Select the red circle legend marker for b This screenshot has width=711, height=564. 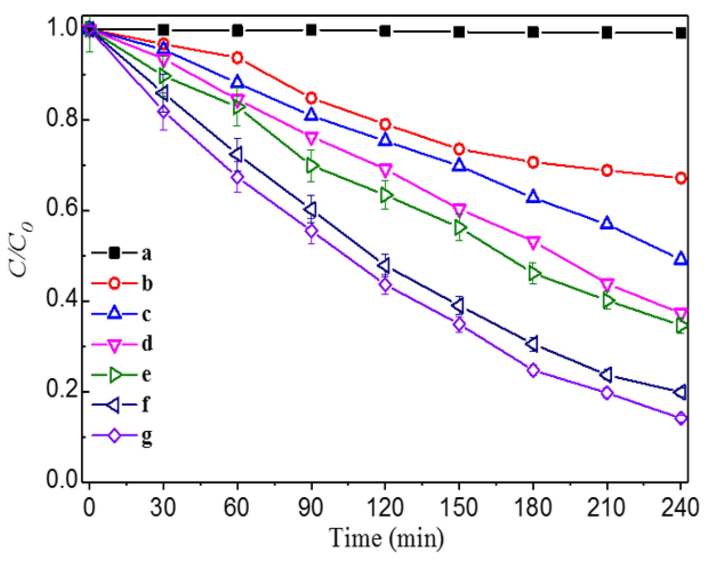(x=114, y=283)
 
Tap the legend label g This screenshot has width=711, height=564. (x=147, y=437)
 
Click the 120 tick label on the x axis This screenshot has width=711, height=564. (x=385, y=507)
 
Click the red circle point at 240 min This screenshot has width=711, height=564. (x=681, y=178)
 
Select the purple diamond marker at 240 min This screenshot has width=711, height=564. (x=681, y=418)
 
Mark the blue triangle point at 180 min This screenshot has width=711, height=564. (x=533, y=197)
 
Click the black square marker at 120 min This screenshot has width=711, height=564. (x=385, y=31)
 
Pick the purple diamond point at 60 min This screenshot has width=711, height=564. (x=237, y=178)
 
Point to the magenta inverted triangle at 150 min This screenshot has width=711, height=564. (x=459, y=209)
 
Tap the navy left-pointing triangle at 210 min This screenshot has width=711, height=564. (x=606, y=374)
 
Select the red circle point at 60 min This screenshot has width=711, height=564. (x=237, y=58)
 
